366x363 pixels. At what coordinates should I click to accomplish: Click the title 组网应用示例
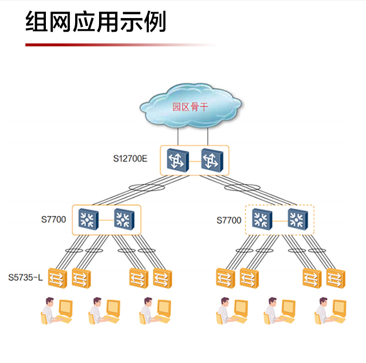(96, 21)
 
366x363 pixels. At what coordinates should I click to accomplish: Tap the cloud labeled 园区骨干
(190, 106)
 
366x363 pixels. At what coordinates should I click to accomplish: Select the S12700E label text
(130, 159)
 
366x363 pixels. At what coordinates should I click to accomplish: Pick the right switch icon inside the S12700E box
(211, 160)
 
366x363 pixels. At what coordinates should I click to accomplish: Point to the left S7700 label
(54, 220)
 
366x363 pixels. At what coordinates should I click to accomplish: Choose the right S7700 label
(229, 221)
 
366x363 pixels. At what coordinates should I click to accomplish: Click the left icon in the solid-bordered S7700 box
(89, 219)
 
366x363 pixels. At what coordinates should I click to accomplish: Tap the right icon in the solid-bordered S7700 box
(123, 219)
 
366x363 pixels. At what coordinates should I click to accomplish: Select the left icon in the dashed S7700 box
(263, 219)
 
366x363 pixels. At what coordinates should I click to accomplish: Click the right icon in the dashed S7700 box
(297, 219)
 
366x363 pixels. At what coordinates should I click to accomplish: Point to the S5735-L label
(25, 278)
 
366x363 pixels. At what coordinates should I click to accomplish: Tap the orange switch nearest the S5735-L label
(57, 278)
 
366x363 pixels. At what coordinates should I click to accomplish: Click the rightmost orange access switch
(335, 278)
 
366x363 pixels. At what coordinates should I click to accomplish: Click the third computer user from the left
(155, 310)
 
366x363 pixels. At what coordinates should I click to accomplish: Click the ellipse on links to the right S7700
(243, 188)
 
